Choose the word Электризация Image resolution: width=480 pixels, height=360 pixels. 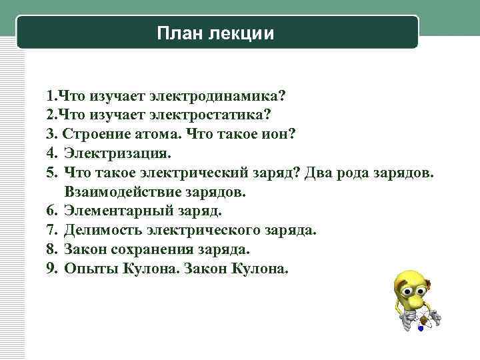118,153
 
